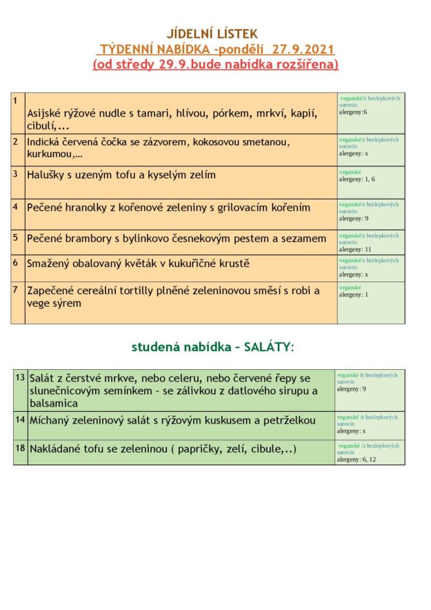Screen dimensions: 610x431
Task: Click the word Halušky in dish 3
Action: pyautogui.click(x=48, y=175)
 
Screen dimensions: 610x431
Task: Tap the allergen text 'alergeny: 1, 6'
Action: pyautogui.click(x=357, y=179)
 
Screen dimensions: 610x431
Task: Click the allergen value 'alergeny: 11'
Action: pyautogui.click(x=355, y=249)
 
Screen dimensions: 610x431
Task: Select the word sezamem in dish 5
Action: pyautogui.click(x=302, y=239)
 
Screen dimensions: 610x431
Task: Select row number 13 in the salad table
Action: pyautogui.click(x=19, y=377)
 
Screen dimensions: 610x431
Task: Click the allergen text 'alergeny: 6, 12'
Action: pyautogui.click(x=357, y=459)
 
